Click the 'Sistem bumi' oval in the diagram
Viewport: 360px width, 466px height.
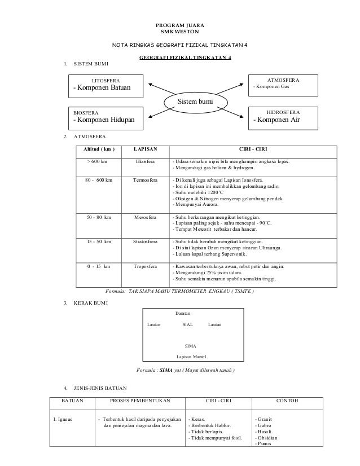pyautogui.click(x=197, y=101)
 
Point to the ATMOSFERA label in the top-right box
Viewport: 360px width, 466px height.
pyautogui.click(x=283, y=81)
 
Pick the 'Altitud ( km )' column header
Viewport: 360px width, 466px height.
pyautogui.click(x=99, y=149)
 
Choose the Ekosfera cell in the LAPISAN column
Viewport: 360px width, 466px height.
pyautogui.click(x=145, y=161)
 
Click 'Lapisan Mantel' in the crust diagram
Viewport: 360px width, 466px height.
pyautogui.click(x=191, y=357)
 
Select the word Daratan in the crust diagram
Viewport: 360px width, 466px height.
pyautogui.click(x=184, y=312)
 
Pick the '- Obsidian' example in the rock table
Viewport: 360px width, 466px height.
pyautogui.click(x=268, y=438)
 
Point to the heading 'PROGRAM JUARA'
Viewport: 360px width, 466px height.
pyautogui.click(x=180, y=26)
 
